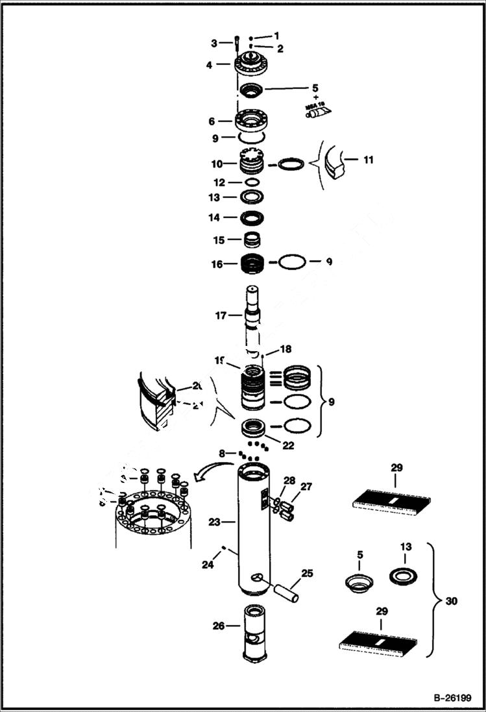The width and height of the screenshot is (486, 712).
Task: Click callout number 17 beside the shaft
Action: [x=221, y=315]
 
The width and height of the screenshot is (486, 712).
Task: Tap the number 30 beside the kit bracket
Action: [x=452, y=601]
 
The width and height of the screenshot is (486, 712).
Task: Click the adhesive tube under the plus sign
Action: [x=318, y=112]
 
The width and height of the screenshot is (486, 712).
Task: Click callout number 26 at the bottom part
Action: [x=219, y=626]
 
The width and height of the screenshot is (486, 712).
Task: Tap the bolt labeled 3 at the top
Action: [x=238, y=44]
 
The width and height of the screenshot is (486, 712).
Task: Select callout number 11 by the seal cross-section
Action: [x=368, y=159]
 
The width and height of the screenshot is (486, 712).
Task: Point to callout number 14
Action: [x=213, y=217]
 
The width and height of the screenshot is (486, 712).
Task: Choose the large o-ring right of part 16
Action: [x=290, y=263]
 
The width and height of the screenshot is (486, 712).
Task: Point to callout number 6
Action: [x=212, y=121]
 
